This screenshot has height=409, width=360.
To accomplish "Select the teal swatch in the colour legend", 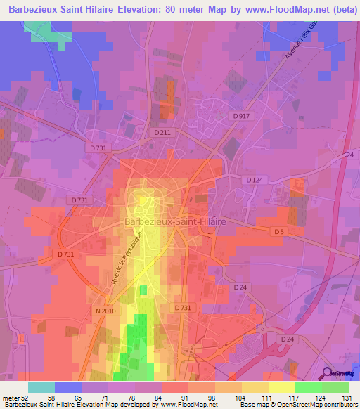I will coord(41,387).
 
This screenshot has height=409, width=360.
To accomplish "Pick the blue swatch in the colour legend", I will coord(68,387).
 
